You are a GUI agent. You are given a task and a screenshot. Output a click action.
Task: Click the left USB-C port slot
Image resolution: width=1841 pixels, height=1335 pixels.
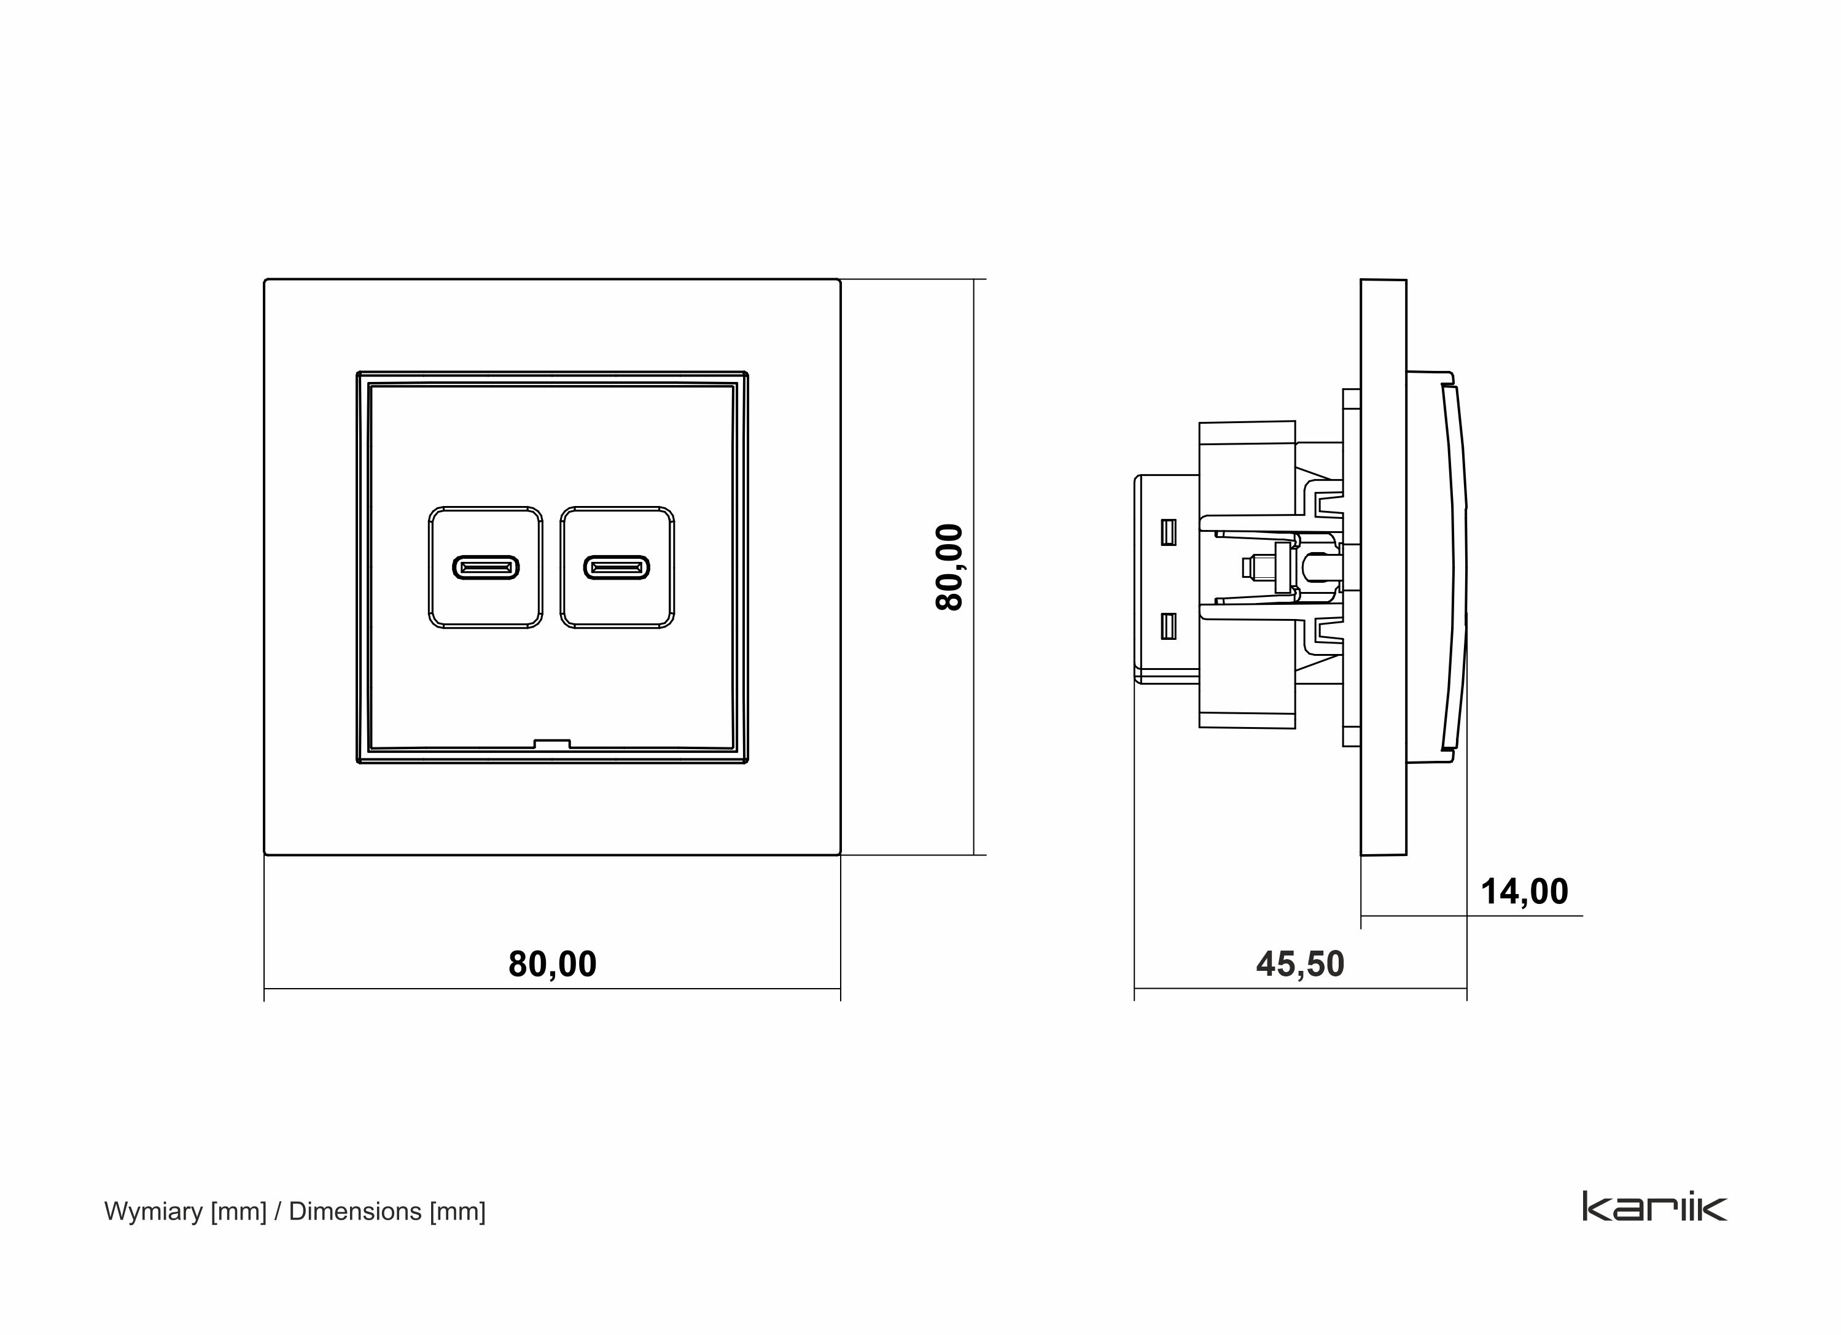[485, 567]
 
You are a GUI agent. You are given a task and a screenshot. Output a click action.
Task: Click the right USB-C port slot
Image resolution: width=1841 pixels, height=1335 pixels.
[617, 567]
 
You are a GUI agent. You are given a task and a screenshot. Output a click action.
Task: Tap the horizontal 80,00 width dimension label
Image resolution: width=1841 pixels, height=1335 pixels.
[552, 964]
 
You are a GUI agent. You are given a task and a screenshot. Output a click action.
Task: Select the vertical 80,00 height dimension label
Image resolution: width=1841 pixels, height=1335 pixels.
[949, 566]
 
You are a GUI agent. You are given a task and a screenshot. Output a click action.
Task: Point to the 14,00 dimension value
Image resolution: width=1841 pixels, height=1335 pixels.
[1524, 892]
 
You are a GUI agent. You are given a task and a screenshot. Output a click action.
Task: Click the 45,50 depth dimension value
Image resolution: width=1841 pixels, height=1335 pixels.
[1299, 964]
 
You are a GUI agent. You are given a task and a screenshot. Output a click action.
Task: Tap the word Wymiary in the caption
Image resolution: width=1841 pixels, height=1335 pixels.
[154, 1212]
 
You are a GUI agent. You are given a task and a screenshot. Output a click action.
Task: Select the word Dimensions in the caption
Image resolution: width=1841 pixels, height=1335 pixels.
[355, 1212]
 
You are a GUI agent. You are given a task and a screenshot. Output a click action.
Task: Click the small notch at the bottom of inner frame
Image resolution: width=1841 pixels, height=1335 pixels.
[552, 742]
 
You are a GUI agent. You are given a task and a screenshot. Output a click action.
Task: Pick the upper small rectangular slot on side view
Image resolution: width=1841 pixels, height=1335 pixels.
[1168, 532]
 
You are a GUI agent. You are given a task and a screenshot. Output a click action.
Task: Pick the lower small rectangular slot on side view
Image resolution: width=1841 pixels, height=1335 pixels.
[1168, 626]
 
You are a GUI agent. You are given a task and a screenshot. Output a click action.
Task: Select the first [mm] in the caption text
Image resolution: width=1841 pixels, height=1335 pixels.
[239, 1212]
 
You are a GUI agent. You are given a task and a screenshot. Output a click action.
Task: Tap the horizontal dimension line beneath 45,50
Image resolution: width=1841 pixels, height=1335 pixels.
[1218, 989]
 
